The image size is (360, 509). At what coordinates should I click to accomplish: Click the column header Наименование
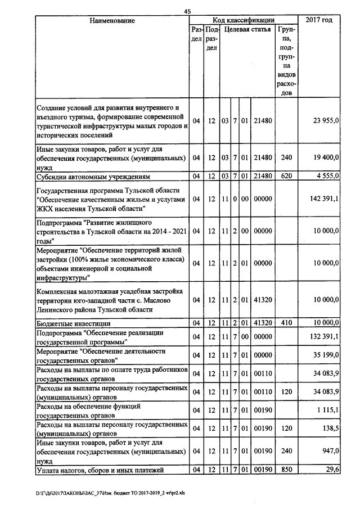(x=112, y=21)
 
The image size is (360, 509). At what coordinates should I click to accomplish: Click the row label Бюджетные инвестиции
(x=73, y=324)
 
